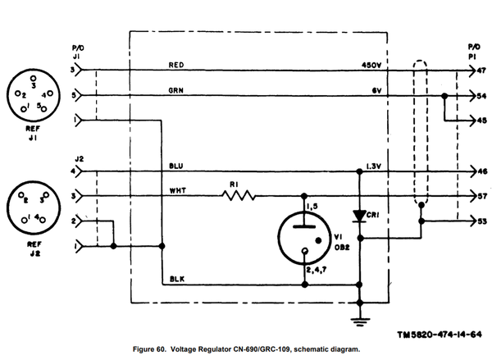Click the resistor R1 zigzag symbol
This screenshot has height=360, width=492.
tap(238, 195)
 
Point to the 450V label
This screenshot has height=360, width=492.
tap(371, 64)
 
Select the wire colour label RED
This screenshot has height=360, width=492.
tap(176, 64)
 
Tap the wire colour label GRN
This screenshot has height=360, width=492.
tap(176, 89)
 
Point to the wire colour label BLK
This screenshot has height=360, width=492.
tap(175, 279)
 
